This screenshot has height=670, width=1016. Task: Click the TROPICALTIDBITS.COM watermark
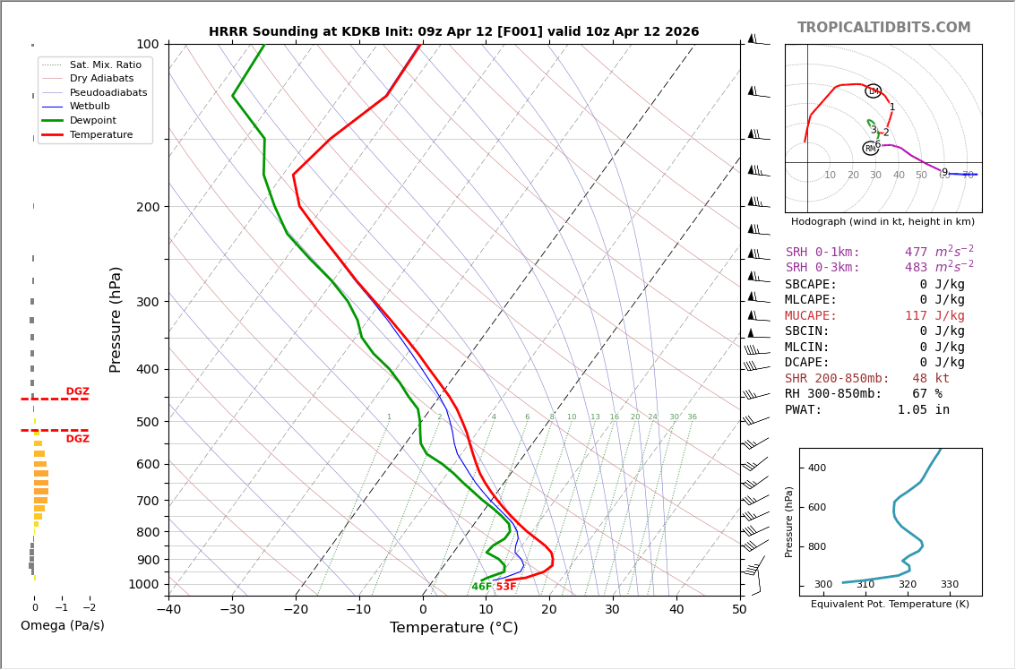[x=883, y=28]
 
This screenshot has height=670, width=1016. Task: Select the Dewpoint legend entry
[x=94, y=120]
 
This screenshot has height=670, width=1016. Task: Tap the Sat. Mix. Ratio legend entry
[x=105, y=64]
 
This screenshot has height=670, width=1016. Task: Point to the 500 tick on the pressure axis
[x=147, y=422]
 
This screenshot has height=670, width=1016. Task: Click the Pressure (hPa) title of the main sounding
[x=116, y=319]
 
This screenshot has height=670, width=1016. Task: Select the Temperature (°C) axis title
[x=453, y=628]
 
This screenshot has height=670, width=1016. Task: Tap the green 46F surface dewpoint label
[x=481, y=587]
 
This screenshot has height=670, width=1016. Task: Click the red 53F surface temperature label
[x=506, y=587]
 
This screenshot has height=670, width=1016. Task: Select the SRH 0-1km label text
[x=822, y=253]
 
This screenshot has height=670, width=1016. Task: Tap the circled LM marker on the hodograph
[x=874, y=91]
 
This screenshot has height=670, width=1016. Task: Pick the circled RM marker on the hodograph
[x=870, y=149]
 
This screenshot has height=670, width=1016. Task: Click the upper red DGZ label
[x=77, y=391]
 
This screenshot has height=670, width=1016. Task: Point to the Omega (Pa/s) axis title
[x=62, y=625]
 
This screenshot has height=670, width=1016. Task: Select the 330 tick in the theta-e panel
[x=949, y=585]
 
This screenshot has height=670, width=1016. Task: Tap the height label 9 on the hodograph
[x=944, y=172]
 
